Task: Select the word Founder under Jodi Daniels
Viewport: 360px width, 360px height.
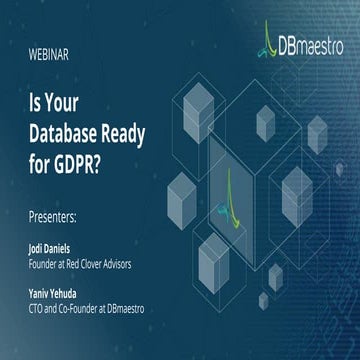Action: pos(40,264)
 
